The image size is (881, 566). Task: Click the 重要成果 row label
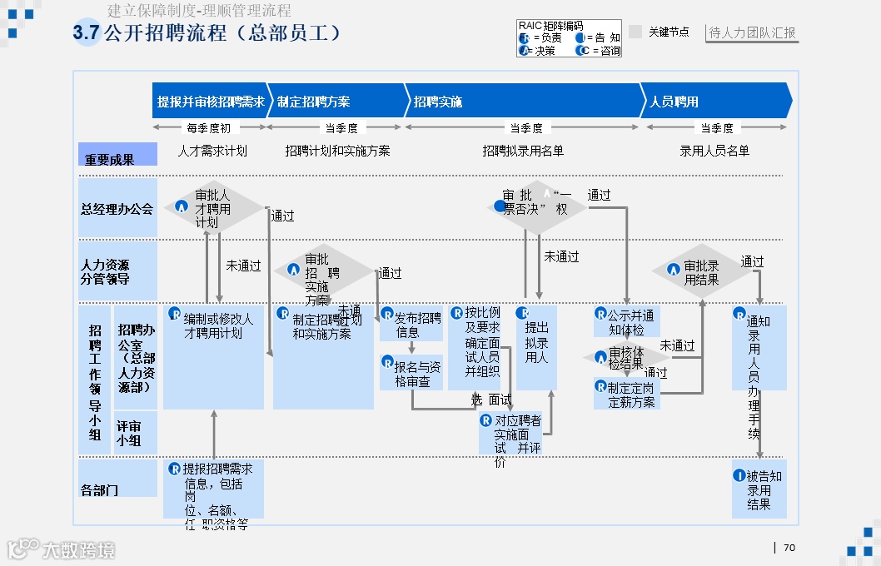118,155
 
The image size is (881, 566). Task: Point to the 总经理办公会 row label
118,209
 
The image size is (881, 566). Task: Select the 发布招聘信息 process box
411,324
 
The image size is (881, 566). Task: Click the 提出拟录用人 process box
536,348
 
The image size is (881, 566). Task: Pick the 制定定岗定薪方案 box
626,395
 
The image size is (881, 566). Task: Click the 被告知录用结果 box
759,489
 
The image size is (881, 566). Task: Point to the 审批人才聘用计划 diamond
213,208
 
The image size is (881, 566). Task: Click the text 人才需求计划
212,151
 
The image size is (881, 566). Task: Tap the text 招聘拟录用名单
523,151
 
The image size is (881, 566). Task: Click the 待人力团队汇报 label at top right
752,33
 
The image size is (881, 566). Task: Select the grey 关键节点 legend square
635,32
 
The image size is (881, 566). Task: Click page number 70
789,548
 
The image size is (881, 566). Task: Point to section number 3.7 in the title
86,33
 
